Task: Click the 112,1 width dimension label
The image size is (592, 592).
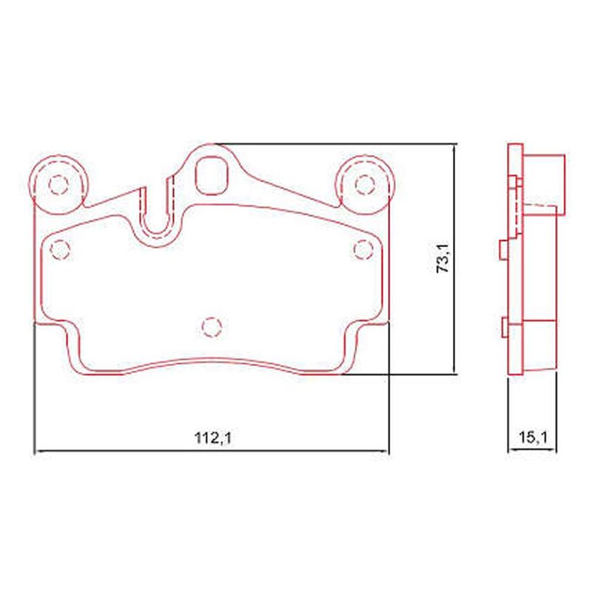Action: point(212,438)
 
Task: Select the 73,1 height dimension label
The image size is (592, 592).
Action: point(443,258)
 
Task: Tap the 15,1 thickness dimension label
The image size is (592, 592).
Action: point(533,437)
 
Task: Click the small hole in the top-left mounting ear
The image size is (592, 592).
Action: point(58,184)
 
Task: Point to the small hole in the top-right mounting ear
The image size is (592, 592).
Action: point(365,184)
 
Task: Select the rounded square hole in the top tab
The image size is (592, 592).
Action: point(212,175)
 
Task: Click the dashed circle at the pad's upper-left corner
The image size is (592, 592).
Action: point(60,249)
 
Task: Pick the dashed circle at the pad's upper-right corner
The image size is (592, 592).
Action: point(363,249)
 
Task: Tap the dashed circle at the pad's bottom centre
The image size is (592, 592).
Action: point(212,327)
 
